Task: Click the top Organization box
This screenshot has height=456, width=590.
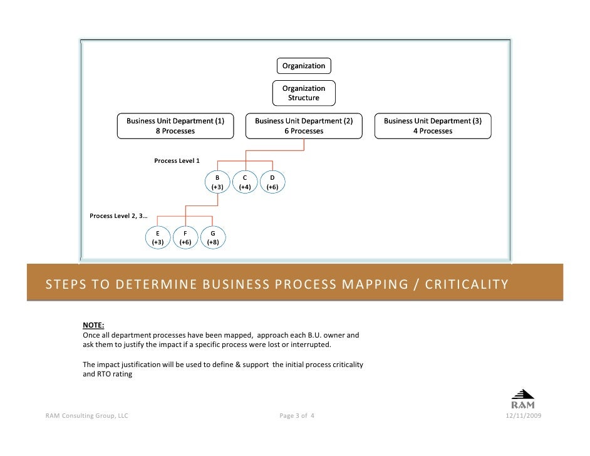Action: click(304, 66)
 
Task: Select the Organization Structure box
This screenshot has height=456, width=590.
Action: click(304, 93)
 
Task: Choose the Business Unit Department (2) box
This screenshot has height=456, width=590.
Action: click(304, 126)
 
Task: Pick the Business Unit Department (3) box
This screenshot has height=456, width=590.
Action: click(433, 126)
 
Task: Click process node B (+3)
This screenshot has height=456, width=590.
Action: click(217, 182)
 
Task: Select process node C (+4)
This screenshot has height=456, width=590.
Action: click(245, 182)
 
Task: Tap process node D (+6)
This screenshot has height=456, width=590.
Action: click(272, 182)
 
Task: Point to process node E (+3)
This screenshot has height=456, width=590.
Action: click(158, 237)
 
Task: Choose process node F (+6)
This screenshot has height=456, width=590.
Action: click(185, 237)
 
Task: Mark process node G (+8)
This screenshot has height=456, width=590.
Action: click(213, 237)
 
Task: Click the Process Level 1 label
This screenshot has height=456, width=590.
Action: click(177, 161)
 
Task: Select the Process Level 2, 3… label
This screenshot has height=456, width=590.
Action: click(119, 216)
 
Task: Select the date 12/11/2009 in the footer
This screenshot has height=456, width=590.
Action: click(524, 415)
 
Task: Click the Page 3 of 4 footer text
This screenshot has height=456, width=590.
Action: click(298, 415)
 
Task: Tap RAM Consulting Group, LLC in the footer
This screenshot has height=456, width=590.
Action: click(87, 415)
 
